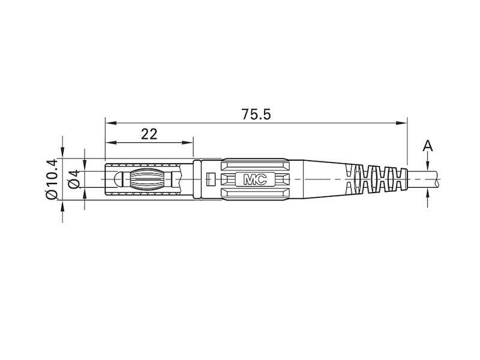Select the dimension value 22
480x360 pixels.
pyautogui.click(x=149, y=134)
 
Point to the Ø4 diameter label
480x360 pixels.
pyautogui.click(x=74, y=179)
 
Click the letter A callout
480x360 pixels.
pyautogui.click(x=427, y=146)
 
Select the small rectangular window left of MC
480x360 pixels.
pyautogui.click(x=210, y=179)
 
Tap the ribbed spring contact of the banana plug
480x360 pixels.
pyautogui.click(x=150, y=179)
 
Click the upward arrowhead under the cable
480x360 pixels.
pyautogui.click(x=427, y=193)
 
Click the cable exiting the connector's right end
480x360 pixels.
pyautogui.click(x=426, y=179)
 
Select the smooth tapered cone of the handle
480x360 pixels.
pyautogui.click(x=321, y=179)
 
